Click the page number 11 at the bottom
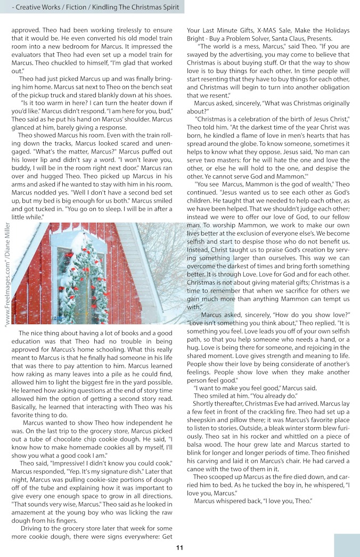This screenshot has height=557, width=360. click(x=180, y=548)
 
